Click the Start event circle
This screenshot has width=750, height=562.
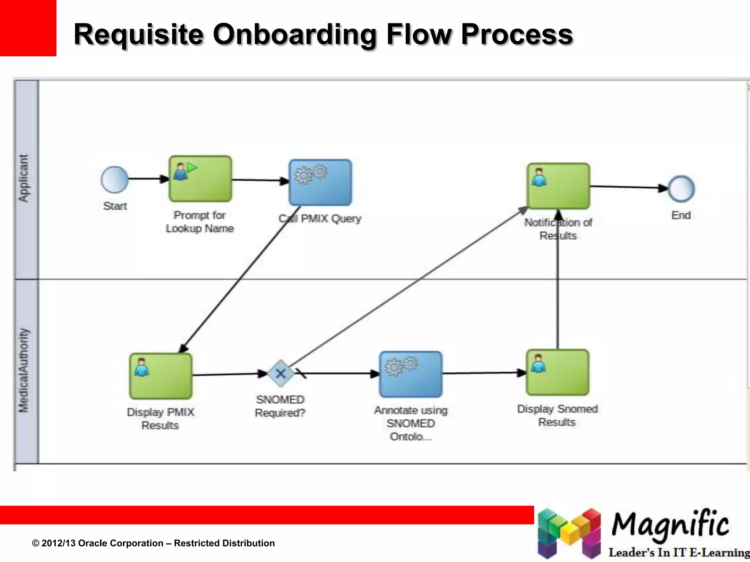115,180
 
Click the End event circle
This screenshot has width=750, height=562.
681,189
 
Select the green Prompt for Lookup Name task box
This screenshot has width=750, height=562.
200,179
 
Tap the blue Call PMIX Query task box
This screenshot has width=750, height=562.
320,183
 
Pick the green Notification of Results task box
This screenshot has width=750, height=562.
558,186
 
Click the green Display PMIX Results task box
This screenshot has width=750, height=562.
161,376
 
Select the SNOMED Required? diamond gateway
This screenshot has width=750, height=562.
281,374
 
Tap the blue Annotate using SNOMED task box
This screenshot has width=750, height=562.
411,374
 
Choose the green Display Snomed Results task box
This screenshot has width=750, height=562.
558,372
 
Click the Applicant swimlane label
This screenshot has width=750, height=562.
23,178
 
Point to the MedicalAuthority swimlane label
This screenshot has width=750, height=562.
23,370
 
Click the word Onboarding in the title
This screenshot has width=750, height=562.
294,34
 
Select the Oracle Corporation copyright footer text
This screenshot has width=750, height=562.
153,543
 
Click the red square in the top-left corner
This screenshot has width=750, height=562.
28,28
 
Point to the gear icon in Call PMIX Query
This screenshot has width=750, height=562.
311,174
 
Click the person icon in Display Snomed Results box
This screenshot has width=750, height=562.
538,363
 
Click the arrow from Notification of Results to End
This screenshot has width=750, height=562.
628,187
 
